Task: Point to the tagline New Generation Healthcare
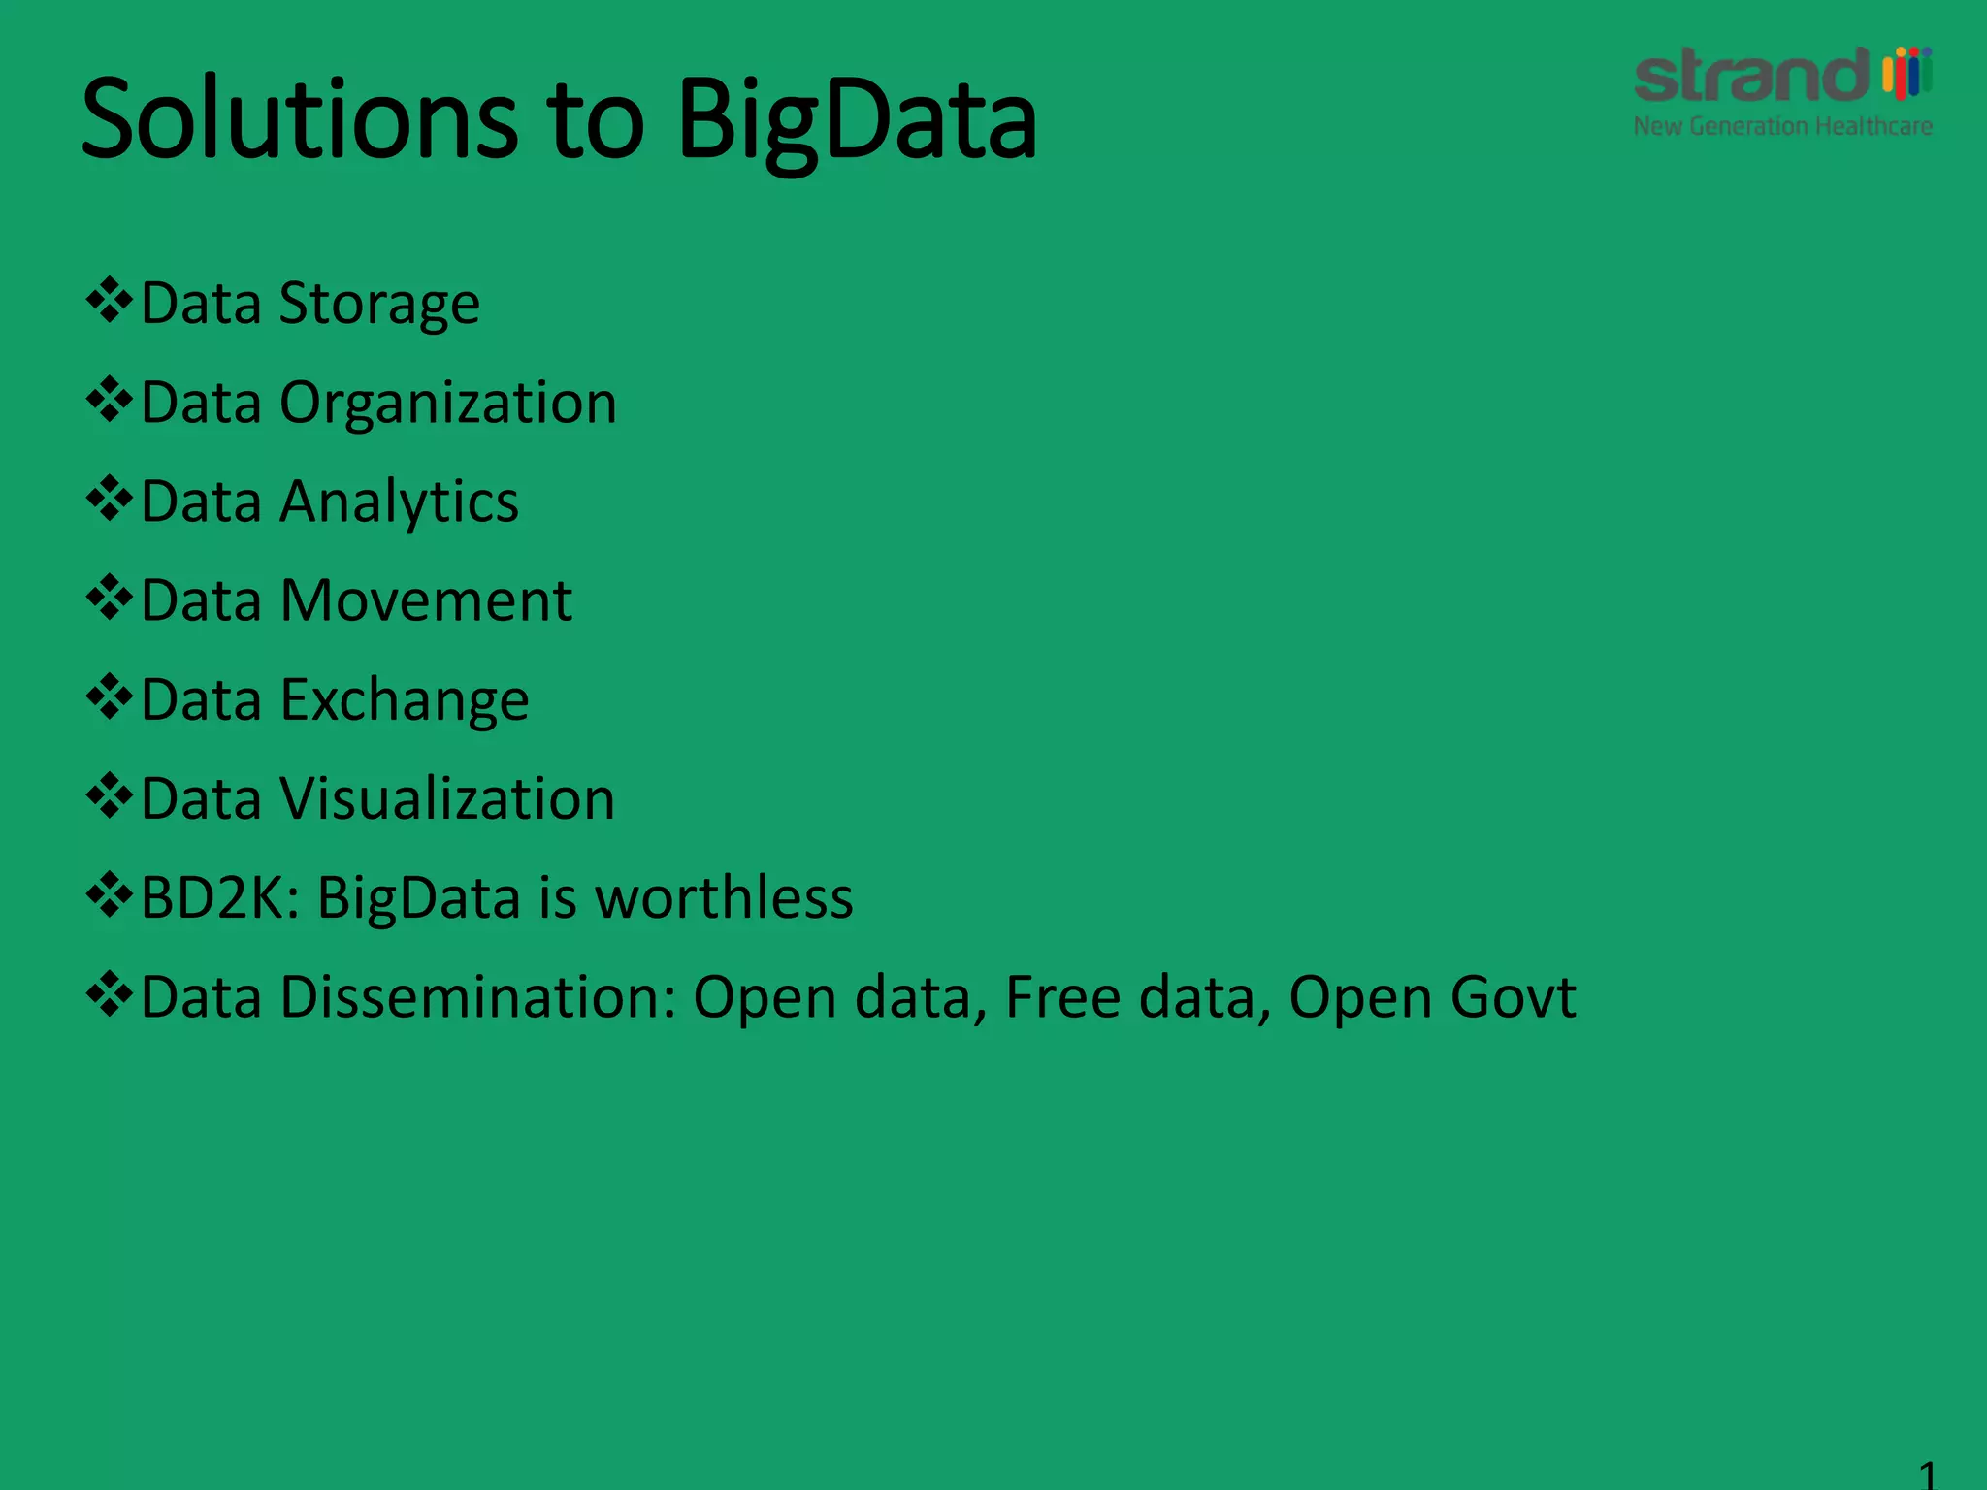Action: click(1782, 127)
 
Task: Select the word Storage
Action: click(379, 305)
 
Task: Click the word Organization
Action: click(448, 404)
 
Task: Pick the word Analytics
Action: click(399, 502)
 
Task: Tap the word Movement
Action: click(426, 600)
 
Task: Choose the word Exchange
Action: click(405, 700)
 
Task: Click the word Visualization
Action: click(447, 799)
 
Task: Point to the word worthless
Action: click(724, 897)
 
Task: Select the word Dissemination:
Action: click(477, 997)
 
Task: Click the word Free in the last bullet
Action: click(1063, 997)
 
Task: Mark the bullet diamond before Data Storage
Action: click(109, 301)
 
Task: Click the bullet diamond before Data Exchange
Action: click(109, 696)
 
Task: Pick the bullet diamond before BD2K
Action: click(109, 894)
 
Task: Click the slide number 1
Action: click(1927, 1474)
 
